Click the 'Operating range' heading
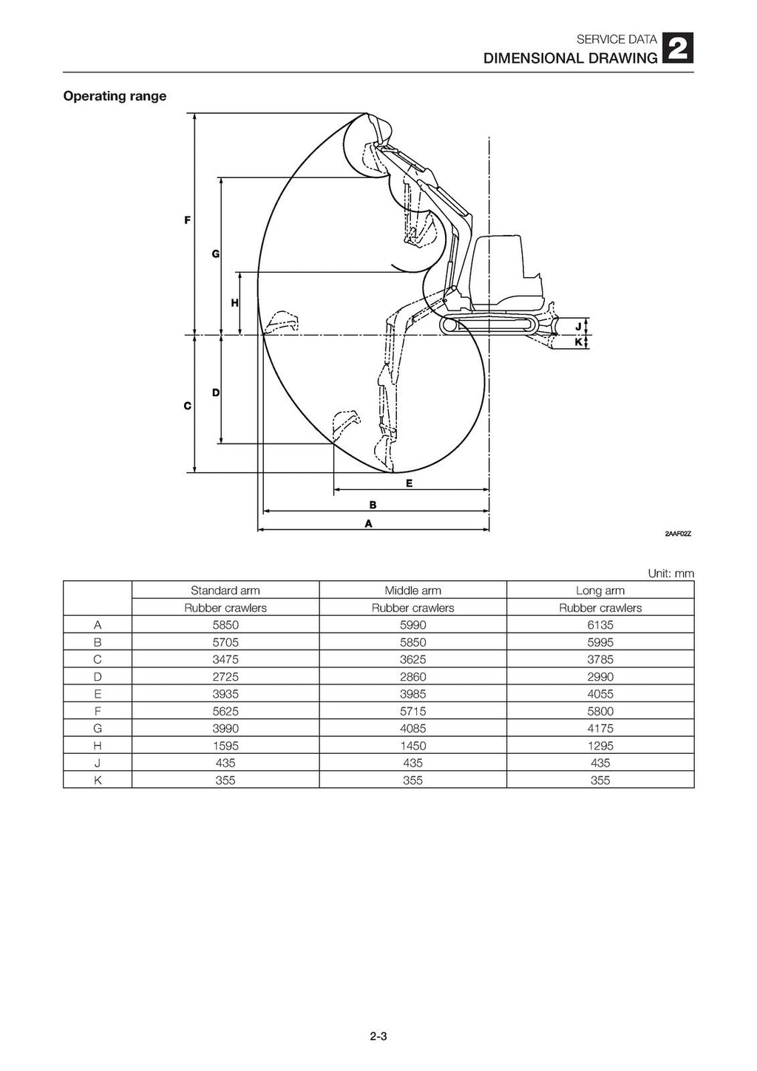point(115,96)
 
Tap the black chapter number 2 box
point(678,50)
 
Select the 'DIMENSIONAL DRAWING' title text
point(569,58)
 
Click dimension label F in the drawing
point(188,220)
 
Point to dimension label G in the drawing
point(215,254)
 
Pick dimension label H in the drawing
point(234,303)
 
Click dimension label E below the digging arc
point(409,483)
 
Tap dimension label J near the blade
point(578,327)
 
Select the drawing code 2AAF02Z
point(677,534)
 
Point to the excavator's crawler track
point(489,325)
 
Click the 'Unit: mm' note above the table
point(671,574)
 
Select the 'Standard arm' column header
point(225,591)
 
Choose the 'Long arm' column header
point(600,591)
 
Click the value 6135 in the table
point(600,625)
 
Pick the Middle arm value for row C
point(413,659)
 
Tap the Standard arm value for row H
point(225,746)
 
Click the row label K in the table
point(98,780)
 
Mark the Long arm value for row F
point(600,711)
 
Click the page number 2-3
point(378,1036)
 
